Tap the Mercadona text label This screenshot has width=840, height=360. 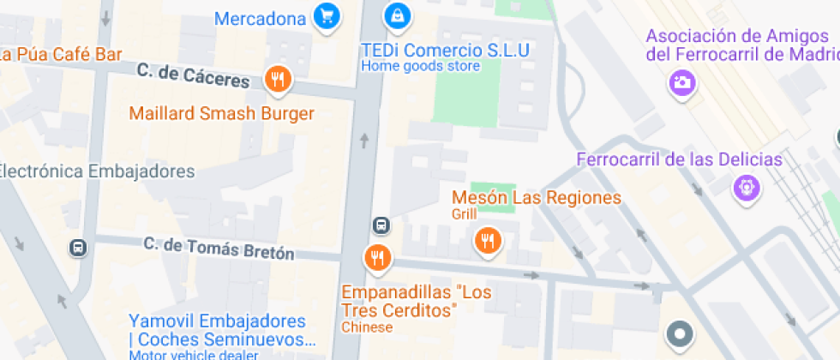(x=260, y=18)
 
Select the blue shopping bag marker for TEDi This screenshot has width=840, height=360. (x=396, y=15)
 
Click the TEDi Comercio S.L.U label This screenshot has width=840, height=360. (x=445, y=49)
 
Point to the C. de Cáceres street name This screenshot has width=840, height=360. (x=193, y=77)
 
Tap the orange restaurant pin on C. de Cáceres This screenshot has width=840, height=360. (x=277, y=81)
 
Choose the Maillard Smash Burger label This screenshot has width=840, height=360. (x=221, y=113)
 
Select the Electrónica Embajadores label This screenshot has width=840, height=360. (x=96, y=171)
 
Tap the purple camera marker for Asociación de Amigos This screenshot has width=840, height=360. (x=682, y=83)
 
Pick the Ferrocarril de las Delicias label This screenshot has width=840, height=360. (x=679, y=159)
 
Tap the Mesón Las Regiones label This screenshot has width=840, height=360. (x=537, y=198)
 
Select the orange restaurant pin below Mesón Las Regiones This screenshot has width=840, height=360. (x=488, y=241)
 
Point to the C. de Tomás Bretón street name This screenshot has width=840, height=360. (x=219, y=249)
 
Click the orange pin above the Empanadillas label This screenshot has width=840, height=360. (x=376, y=256)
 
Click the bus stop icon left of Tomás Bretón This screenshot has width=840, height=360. (x=78, y=248)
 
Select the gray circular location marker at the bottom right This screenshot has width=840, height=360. (x=680, y=334)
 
